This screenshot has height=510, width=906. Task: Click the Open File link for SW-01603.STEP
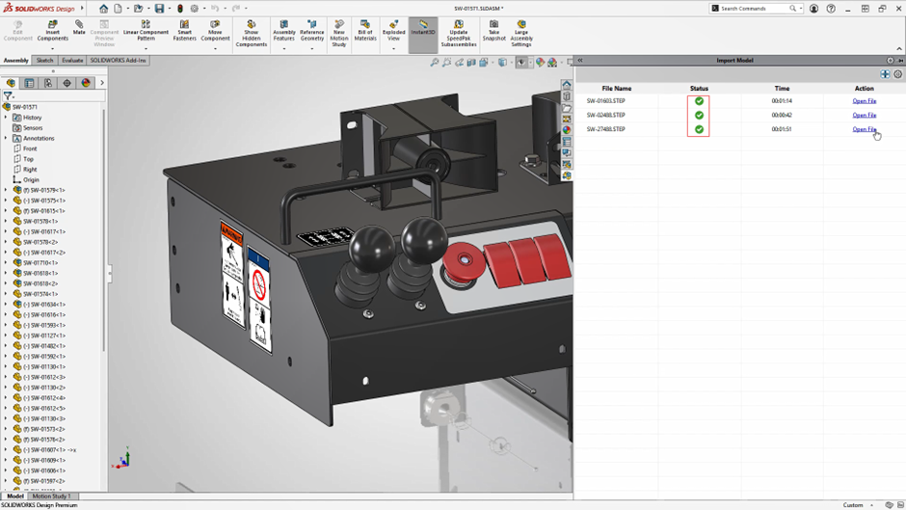864,101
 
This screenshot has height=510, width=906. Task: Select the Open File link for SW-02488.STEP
864,115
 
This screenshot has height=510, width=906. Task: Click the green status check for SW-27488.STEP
699,129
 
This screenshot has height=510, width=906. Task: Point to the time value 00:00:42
782,115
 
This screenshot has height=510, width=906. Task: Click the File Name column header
617,89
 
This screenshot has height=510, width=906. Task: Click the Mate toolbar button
79,28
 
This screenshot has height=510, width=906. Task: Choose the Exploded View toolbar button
393,31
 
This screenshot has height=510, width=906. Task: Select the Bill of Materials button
365,31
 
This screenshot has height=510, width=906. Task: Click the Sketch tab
44,61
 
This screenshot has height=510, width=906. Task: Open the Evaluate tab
72,61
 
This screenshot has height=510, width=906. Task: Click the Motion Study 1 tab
52,497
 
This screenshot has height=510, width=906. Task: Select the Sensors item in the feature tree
33,128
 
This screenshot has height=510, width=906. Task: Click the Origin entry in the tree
31,179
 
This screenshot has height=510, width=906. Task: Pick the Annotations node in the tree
39,139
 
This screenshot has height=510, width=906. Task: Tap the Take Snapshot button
493,31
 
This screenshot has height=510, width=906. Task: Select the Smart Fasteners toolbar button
184,31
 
